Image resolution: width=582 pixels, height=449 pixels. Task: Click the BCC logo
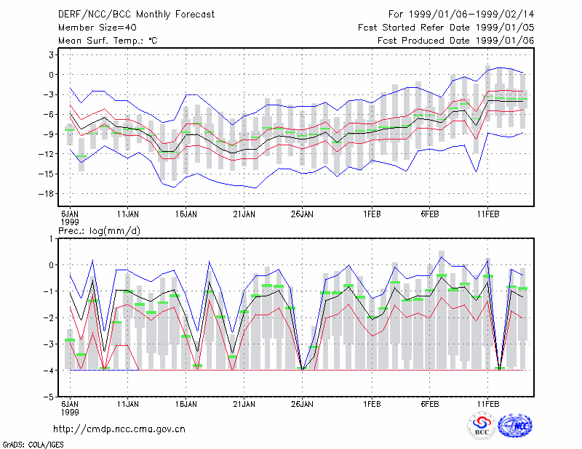(482, 426)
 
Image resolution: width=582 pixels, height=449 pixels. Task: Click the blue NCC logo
(515, 426)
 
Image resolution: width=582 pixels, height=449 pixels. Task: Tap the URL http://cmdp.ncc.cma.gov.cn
(119, 429)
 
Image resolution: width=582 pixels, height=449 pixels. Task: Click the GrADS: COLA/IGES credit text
(33, 445)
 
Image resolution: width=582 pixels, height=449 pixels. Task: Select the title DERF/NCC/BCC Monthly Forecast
(136, 15)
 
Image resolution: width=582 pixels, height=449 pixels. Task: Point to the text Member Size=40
(97, 28)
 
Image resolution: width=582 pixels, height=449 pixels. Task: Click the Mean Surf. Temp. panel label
(108, 41)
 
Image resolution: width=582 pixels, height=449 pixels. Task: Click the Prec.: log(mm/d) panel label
(99, 231)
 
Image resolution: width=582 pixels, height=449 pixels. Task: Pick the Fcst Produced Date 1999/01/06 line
(455, 41)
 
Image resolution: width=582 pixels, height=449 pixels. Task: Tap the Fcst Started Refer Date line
(446, 28)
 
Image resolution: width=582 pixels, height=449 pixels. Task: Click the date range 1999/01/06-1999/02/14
(471, 15)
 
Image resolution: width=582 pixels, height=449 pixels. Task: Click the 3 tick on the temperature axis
(52, 55)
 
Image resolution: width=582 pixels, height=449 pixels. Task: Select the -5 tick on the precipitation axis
(49, 397)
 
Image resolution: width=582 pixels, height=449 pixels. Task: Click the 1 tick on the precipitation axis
(51, 239)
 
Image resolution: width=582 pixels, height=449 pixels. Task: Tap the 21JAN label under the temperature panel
(244, 214)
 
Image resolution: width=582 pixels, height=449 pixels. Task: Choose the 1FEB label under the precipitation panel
(372, 404)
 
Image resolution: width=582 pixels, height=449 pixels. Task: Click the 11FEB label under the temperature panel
(488, 214)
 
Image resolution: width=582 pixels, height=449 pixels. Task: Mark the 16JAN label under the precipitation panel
(186, 404)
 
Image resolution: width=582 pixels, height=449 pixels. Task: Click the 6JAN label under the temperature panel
(70, 214)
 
